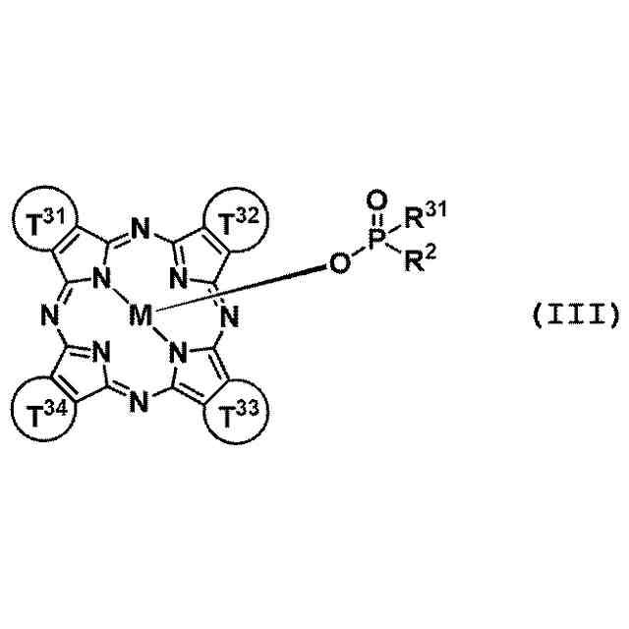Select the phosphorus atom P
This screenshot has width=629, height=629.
[376, 239]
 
